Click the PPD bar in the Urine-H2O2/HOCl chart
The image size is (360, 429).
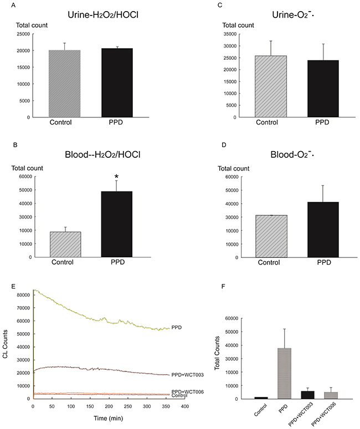117,83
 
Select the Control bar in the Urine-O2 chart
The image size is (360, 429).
271,86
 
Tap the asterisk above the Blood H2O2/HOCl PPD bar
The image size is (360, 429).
117,176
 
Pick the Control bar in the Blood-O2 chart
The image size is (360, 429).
271,236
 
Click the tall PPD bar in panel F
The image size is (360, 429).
285,374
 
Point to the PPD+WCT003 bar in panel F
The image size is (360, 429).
308,395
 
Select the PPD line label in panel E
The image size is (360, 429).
177,328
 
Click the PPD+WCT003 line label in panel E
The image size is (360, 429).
188,375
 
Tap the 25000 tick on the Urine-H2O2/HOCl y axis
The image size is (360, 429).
24,34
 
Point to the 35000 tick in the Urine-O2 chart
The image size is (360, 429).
230,34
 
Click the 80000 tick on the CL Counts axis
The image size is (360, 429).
23,295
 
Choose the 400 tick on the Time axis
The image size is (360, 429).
185,406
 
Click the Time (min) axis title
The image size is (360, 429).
109,418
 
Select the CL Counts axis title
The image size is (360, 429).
5,344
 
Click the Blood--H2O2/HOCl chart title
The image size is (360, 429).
102,155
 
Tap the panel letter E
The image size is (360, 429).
13,286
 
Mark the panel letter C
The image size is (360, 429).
220,5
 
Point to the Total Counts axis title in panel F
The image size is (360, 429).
217,353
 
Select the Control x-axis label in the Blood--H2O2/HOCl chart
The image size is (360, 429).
63,262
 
